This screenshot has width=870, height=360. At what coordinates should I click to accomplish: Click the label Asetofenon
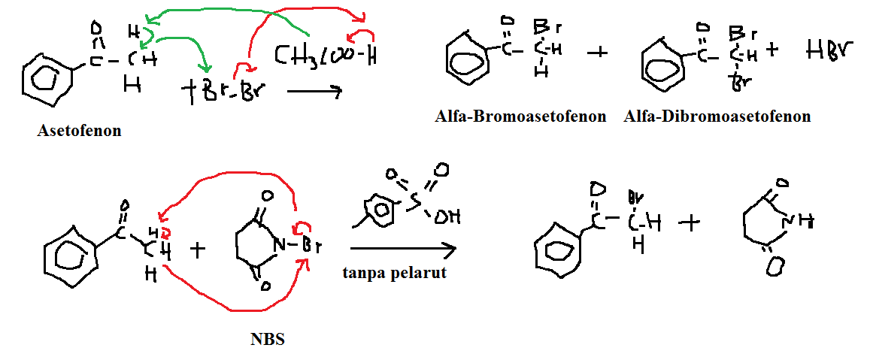(x=79, y=131)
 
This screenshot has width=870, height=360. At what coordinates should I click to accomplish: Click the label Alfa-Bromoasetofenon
(x=520, y=116)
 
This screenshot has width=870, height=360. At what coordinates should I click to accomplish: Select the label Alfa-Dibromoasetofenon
(x=717, y=116)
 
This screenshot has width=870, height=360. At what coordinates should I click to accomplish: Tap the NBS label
(x=268, y=339)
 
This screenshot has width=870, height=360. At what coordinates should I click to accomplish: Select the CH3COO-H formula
(x=324, y=55)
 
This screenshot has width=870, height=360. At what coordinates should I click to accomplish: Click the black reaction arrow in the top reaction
(x=314, y=92)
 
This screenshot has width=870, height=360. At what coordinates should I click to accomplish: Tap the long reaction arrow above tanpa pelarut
(x=403, y=248)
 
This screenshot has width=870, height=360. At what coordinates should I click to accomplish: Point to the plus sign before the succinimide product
(x=689, y=222)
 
